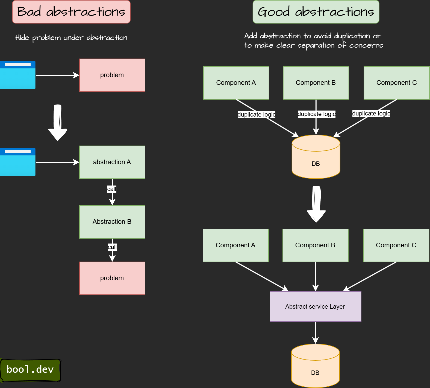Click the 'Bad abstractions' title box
[x=71, y=12]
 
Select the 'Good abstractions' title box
[x=316, y=12]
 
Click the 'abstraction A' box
[x=112, y=162]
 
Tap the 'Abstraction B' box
[x=112, y=222]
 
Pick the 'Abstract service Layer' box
[x=316, y=306]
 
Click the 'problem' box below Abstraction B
[x=112, y=278]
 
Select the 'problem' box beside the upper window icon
[x=112, y=75]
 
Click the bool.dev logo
[x=30, y=370]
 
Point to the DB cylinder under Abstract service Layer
[x=316, y=366]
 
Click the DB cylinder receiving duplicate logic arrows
[x=316, y=157]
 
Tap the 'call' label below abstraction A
[x=112, y=189]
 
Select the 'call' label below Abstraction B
[x=112, y=247]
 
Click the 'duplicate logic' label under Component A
[x=257, y=114]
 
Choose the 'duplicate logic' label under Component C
[x=371, y=113]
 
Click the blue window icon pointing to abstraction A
[x=18, y=162]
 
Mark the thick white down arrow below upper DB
[x=316, y=204]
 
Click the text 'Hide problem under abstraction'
[x=71, y=38]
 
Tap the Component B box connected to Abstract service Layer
[x=316, y=245]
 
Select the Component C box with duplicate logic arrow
[x=397, y=83]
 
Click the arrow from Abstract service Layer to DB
[x=316, y=333]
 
